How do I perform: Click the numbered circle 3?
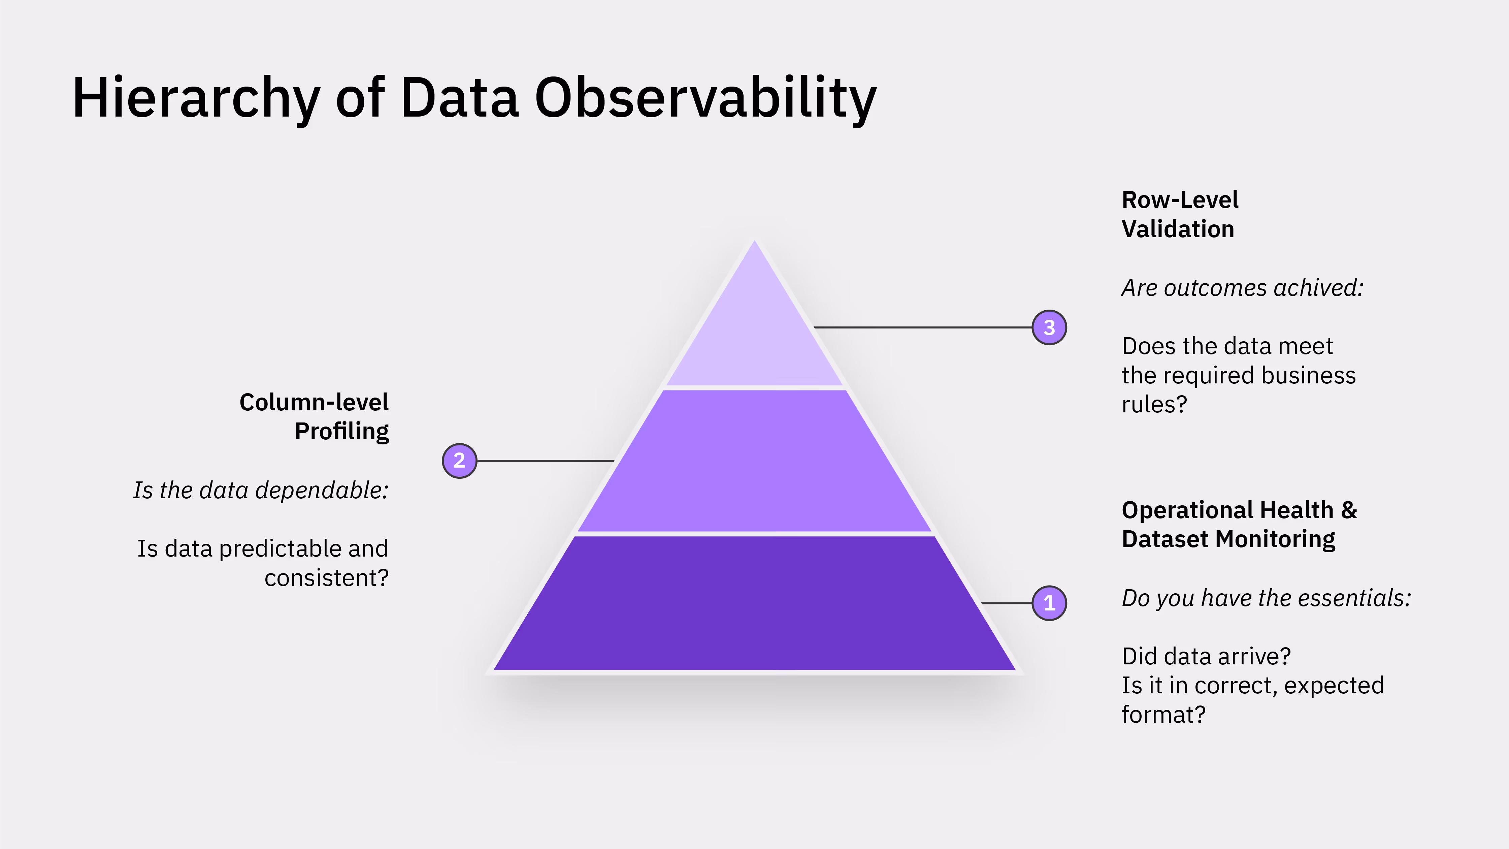(1049, 327)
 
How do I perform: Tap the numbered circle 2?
(459, 461)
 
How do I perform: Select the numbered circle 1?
(1049, 603)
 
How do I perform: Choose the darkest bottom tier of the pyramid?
(754, 603)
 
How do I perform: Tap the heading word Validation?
(1177, 229)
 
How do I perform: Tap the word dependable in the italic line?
(322, 491)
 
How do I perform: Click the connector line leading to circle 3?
(923, 327)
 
